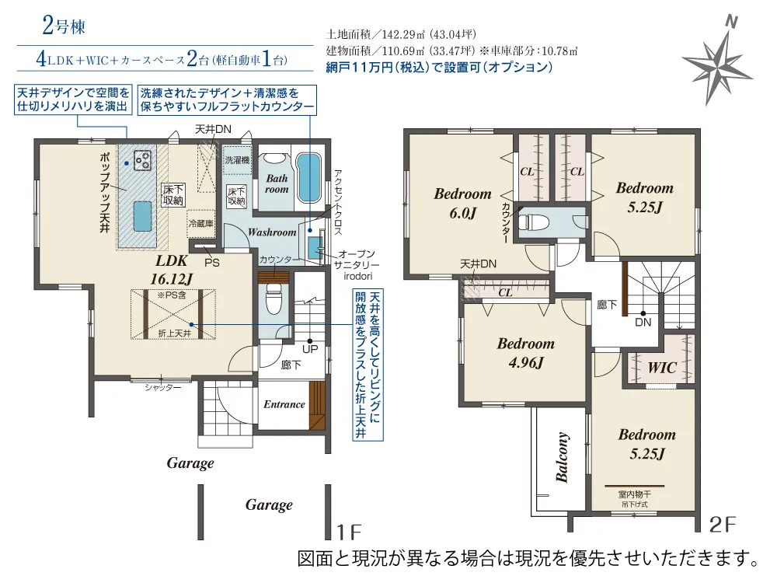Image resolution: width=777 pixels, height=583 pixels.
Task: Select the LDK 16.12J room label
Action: (172, 270)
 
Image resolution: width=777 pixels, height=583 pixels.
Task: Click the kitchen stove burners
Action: (142, 159)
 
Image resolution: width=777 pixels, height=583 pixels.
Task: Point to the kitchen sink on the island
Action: (142, 215)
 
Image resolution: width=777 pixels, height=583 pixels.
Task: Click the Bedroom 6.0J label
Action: (463, 203)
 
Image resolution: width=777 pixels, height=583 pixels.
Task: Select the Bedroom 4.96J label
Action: (526, 353)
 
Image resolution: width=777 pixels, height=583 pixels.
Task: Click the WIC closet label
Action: (662, 368)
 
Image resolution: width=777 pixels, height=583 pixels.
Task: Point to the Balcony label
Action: (562, 457)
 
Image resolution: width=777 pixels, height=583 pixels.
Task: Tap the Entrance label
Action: (284, 404)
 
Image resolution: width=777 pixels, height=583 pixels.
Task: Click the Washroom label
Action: (272, 232)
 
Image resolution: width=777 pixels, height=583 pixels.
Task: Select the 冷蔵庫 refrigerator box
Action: (200, 224)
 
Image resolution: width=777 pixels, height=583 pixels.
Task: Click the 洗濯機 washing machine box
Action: (237, 160)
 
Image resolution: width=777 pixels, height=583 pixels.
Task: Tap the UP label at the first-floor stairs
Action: (310, 349)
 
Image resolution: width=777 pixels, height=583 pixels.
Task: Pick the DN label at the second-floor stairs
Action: (643, 323)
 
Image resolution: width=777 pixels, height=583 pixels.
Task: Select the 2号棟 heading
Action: (64, 26)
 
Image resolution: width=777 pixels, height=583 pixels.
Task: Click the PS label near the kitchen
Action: (212, 263)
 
